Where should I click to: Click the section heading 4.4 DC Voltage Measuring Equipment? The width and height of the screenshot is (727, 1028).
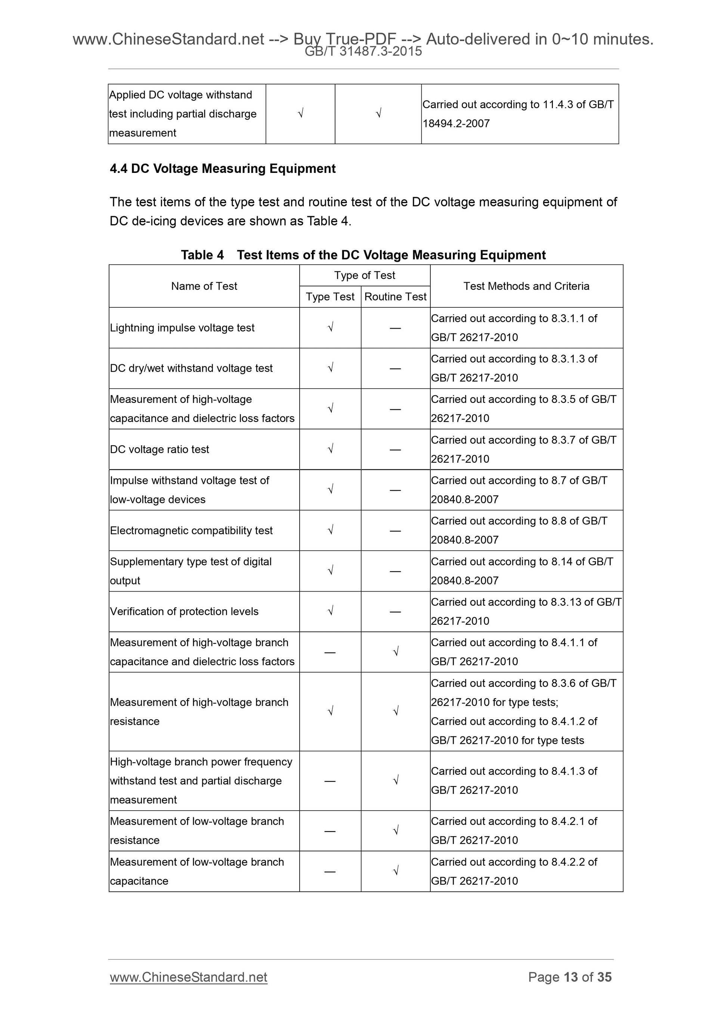[222, 169]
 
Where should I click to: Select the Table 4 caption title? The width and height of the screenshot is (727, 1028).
[363, 255]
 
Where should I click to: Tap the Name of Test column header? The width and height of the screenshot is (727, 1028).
[204, 286]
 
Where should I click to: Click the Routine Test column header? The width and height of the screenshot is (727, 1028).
[395, 297]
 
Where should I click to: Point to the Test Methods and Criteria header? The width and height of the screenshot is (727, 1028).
[526, 286]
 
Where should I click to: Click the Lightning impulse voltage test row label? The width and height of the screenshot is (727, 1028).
[182, 328]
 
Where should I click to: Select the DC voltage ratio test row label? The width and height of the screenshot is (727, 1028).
[160, 450]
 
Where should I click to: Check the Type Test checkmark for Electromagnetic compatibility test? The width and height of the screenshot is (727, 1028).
[330, 530]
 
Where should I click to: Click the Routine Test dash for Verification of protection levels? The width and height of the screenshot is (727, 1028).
[395, 612]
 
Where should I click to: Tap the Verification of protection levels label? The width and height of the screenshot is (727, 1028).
[184, 612]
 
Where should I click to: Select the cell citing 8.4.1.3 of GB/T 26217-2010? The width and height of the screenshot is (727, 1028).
[514, 780]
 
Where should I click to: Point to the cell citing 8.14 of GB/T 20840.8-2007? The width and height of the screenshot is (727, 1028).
[522, 571]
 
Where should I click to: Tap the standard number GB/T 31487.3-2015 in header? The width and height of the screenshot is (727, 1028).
[363, 52]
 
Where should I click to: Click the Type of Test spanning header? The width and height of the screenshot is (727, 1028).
[364, 275]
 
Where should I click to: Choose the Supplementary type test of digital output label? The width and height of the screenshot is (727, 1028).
[191, 571]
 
